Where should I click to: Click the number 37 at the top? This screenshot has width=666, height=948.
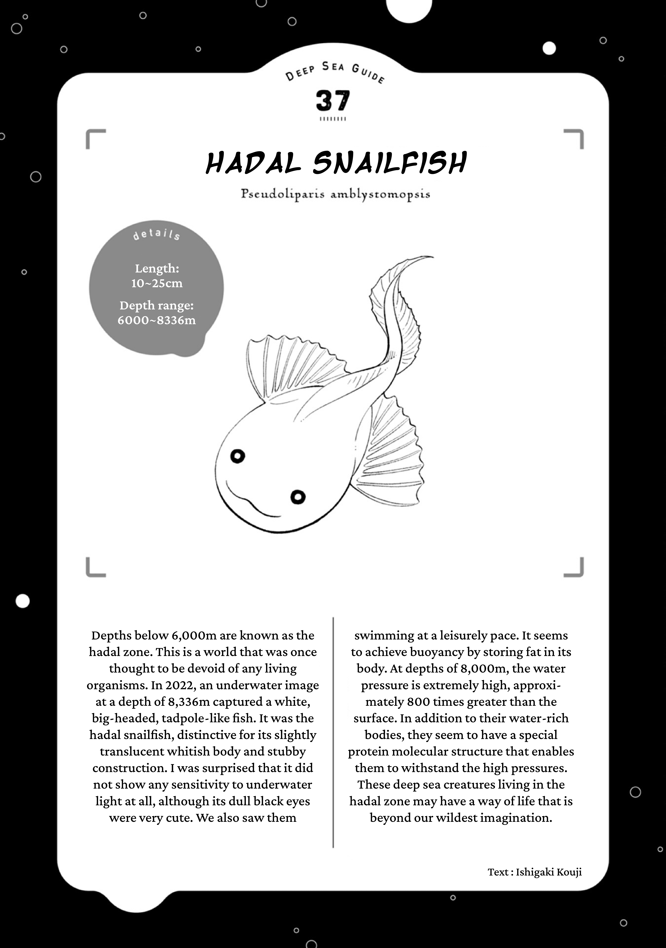coord(333,101)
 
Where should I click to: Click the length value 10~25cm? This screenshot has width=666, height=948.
coord(157,283)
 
